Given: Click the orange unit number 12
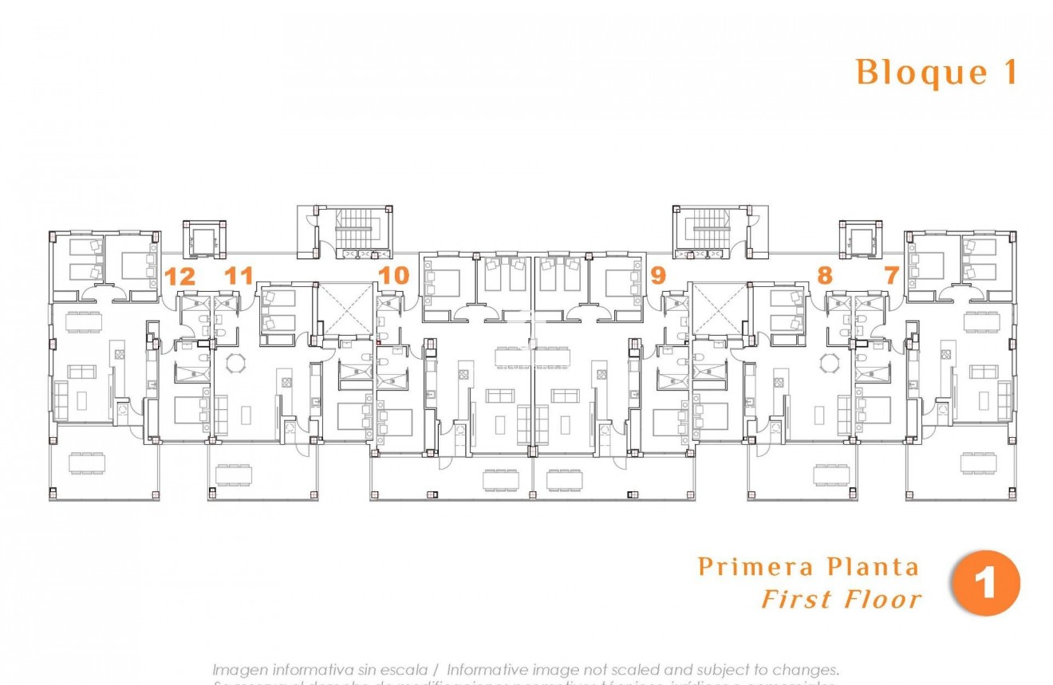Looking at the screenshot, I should point(180,277).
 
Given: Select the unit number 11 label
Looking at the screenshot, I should point(238,277).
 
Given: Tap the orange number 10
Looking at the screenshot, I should point(393,276).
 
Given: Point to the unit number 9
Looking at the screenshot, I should point(657,276).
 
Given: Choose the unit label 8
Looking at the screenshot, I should point(824,276).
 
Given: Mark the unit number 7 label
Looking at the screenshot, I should point(891,276).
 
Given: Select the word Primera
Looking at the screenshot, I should point(746,567).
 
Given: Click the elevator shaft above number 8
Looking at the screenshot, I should point(861,238).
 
